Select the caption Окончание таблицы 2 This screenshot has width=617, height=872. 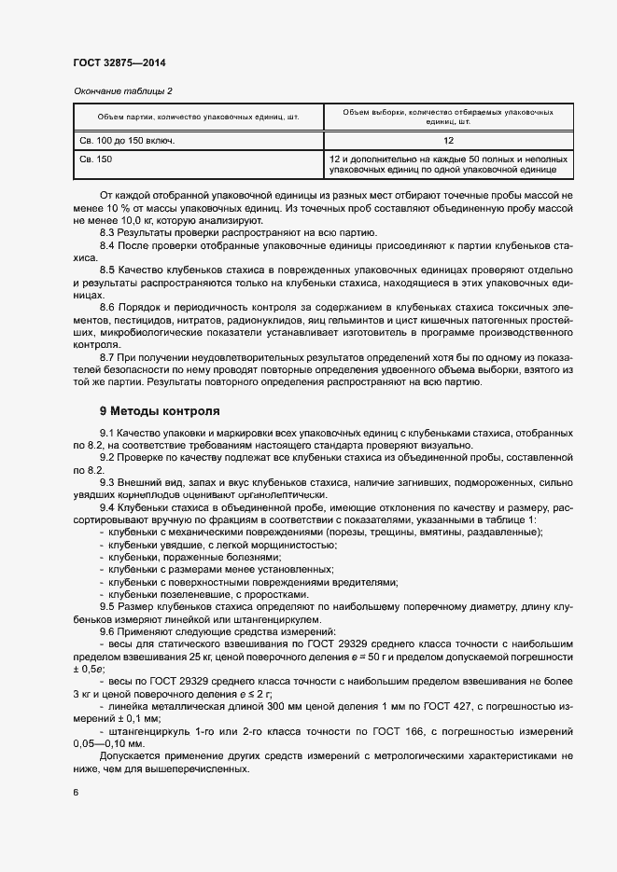122,90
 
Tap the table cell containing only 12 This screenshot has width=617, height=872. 448,141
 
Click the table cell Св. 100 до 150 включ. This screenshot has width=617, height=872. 127,141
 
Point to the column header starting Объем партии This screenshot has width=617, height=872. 198,117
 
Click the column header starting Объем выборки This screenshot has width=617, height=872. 448,117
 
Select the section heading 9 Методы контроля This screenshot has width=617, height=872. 160,410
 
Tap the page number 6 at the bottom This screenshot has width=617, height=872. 76,793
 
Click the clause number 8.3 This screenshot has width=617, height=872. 107,232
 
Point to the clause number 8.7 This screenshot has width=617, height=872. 107,357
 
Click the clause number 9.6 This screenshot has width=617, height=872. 107,631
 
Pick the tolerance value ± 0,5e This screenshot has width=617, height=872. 90,669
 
